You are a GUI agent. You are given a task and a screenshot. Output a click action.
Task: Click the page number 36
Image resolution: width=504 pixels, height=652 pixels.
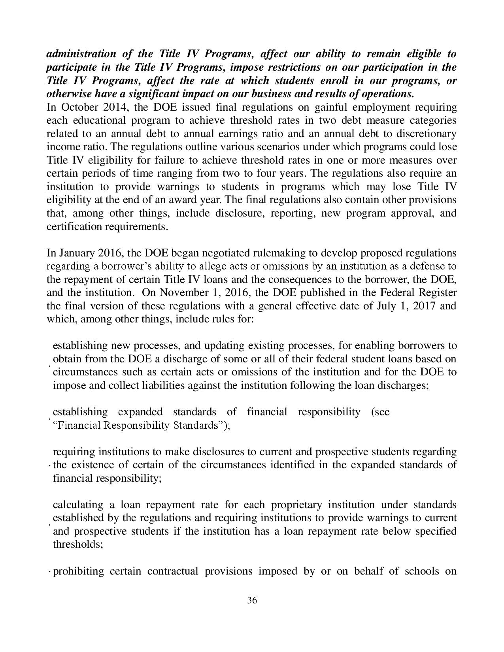click(x=252, y=601)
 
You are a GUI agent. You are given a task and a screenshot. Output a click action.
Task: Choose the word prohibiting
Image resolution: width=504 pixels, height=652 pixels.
click(x=78, y=571)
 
